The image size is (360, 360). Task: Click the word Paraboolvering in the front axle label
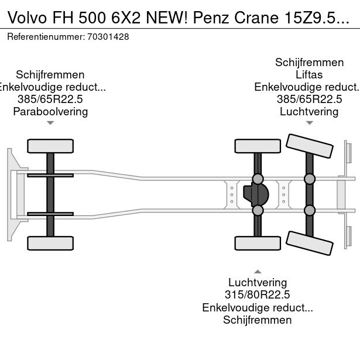[50, 111]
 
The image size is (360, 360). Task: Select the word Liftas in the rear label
[309, 75]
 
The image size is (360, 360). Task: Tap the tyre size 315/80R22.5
[258, 294]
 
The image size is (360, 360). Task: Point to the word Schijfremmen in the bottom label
[258, 320]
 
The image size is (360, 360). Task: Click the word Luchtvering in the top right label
[309, 111]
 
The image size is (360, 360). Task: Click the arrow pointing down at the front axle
[50, 123]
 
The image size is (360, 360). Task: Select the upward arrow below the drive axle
[258, 271]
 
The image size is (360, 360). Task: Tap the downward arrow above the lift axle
[309, 123]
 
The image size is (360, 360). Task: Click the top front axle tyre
[50, 146]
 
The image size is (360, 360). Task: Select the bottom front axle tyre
[50, 243]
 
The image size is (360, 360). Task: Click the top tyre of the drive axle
[258, 146]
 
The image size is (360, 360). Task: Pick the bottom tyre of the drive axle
[258, 243]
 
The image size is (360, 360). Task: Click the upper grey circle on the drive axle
[258, 179]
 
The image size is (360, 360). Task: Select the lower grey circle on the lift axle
[309, 210]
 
